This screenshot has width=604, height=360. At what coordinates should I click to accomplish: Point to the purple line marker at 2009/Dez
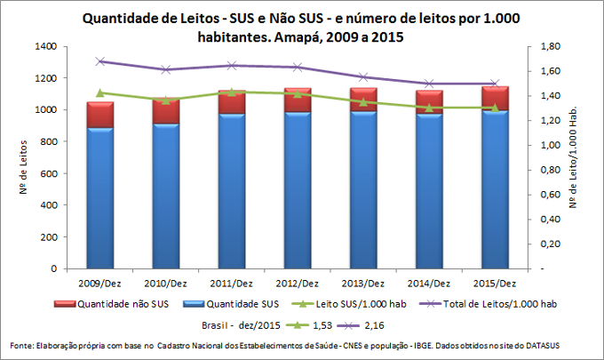(99, 61)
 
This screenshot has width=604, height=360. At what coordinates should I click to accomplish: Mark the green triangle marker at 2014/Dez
(428, 108)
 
